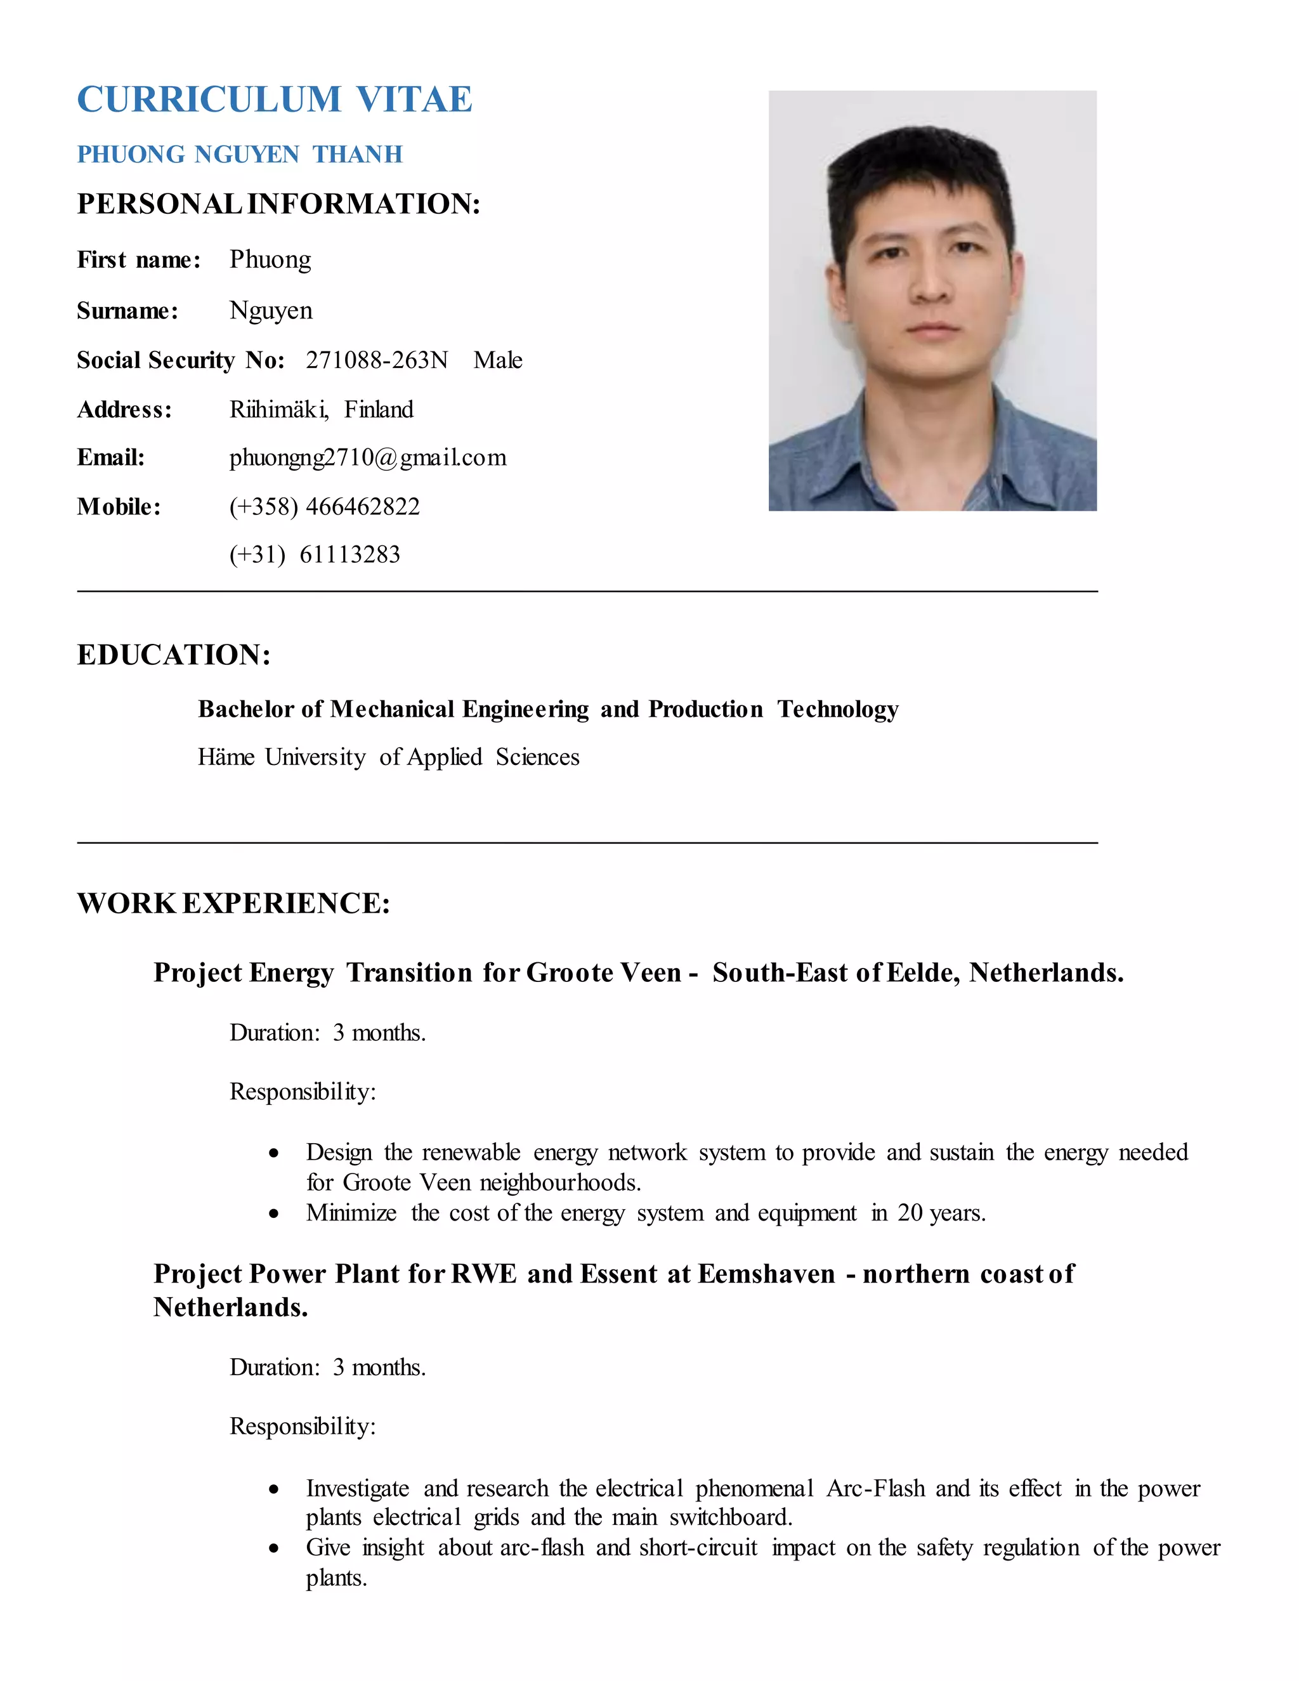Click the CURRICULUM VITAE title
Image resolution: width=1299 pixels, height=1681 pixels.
click(274, 100)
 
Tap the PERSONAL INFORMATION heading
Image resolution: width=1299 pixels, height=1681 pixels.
click(278, 204)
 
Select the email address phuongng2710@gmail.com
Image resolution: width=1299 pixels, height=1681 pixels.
click(368, 458)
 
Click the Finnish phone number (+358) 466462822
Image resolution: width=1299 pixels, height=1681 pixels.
click(324, 506)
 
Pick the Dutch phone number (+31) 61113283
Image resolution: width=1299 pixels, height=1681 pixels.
click(315, 554)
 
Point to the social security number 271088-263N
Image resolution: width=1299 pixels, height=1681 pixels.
click(376, 360)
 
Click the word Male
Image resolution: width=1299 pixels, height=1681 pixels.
click(498, 360)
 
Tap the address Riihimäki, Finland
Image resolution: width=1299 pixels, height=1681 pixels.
click(321, 410)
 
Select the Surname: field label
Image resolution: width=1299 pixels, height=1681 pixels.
click(127, 311)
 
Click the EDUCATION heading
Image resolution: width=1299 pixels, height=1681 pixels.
click(174, 655)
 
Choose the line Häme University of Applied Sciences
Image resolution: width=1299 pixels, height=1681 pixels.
click(389, 757)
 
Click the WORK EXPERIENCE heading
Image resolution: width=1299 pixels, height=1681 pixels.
click(234, 903)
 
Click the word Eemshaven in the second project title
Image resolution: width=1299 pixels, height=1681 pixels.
click(766, 1274)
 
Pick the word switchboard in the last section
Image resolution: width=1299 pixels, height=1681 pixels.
click(730, 1518)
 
